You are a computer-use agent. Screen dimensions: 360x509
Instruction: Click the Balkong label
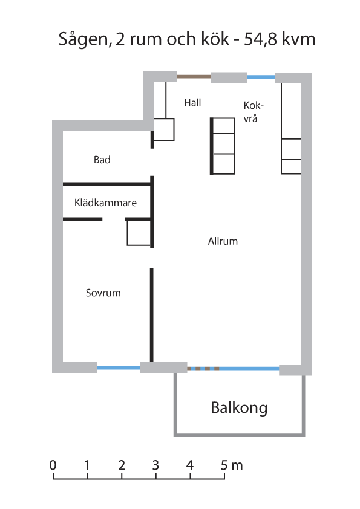(239, 408)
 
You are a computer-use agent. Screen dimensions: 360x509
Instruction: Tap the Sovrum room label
(103, 293)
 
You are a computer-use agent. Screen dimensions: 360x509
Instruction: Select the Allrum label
(223, 241)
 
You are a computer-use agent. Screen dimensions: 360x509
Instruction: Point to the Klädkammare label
(105, 203)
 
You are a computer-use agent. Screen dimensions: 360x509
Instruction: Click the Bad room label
(102, 160)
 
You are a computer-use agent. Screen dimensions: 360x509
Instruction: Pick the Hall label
(192, 103)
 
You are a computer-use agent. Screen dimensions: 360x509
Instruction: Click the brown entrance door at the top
(194, 77)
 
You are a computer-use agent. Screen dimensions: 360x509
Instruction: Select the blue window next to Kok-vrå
(261, 77)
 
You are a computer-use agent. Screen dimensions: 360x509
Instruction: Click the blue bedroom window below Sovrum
(119, 368)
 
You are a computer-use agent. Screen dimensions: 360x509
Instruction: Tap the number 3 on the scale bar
(155, 465)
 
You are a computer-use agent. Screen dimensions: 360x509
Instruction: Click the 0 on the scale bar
(53, 465)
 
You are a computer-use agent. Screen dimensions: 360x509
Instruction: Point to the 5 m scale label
(232, 465)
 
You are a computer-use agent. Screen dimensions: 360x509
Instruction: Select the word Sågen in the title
(83, 39)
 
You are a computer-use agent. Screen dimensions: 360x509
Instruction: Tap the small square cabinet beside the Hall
(164, 129)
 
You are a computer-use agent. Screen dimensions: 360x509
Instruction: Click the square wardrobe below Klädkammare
(139, 233)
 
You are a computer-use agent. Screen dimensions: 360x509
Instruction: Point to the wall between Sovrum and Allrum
(151, 315)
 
